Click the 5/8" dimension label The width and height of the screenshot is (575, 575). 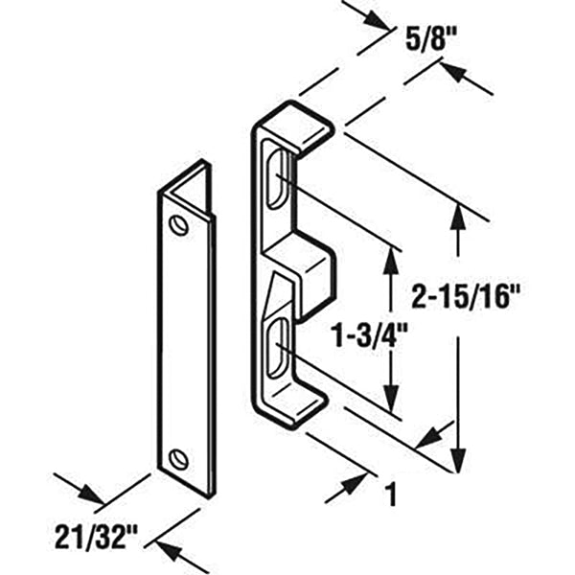(x=431, y=38)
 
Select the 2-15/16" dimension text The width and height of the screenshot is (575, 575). (x=466, y=296)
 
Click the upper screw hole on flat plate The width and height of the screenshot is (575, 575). (x=178, y=224)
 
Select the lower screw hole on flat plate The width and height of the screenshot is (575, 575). (x=178, y=459)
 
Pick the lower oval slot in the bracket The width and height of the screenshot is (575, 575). (x=278, y=349)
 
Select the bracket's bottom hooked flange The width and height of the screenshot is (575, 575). (x=293, y=405)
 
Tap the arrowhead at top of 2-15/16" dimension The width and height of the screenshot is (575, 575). (x=458, y=217)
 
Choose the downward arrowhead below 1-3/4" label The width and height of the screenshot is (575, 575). (x=391, y=399)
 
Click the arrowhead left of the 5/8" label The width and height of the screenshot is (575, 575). (x=378, y=20)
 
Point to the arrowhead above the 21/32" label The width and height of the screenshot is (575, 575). (x=92, y=494)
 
